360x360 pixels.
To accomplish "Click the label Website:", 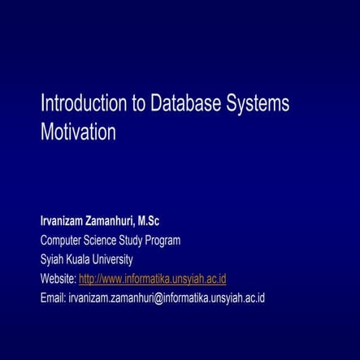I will coord(58,279).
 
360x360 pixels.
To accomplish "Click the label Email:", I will coord(52,297).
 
